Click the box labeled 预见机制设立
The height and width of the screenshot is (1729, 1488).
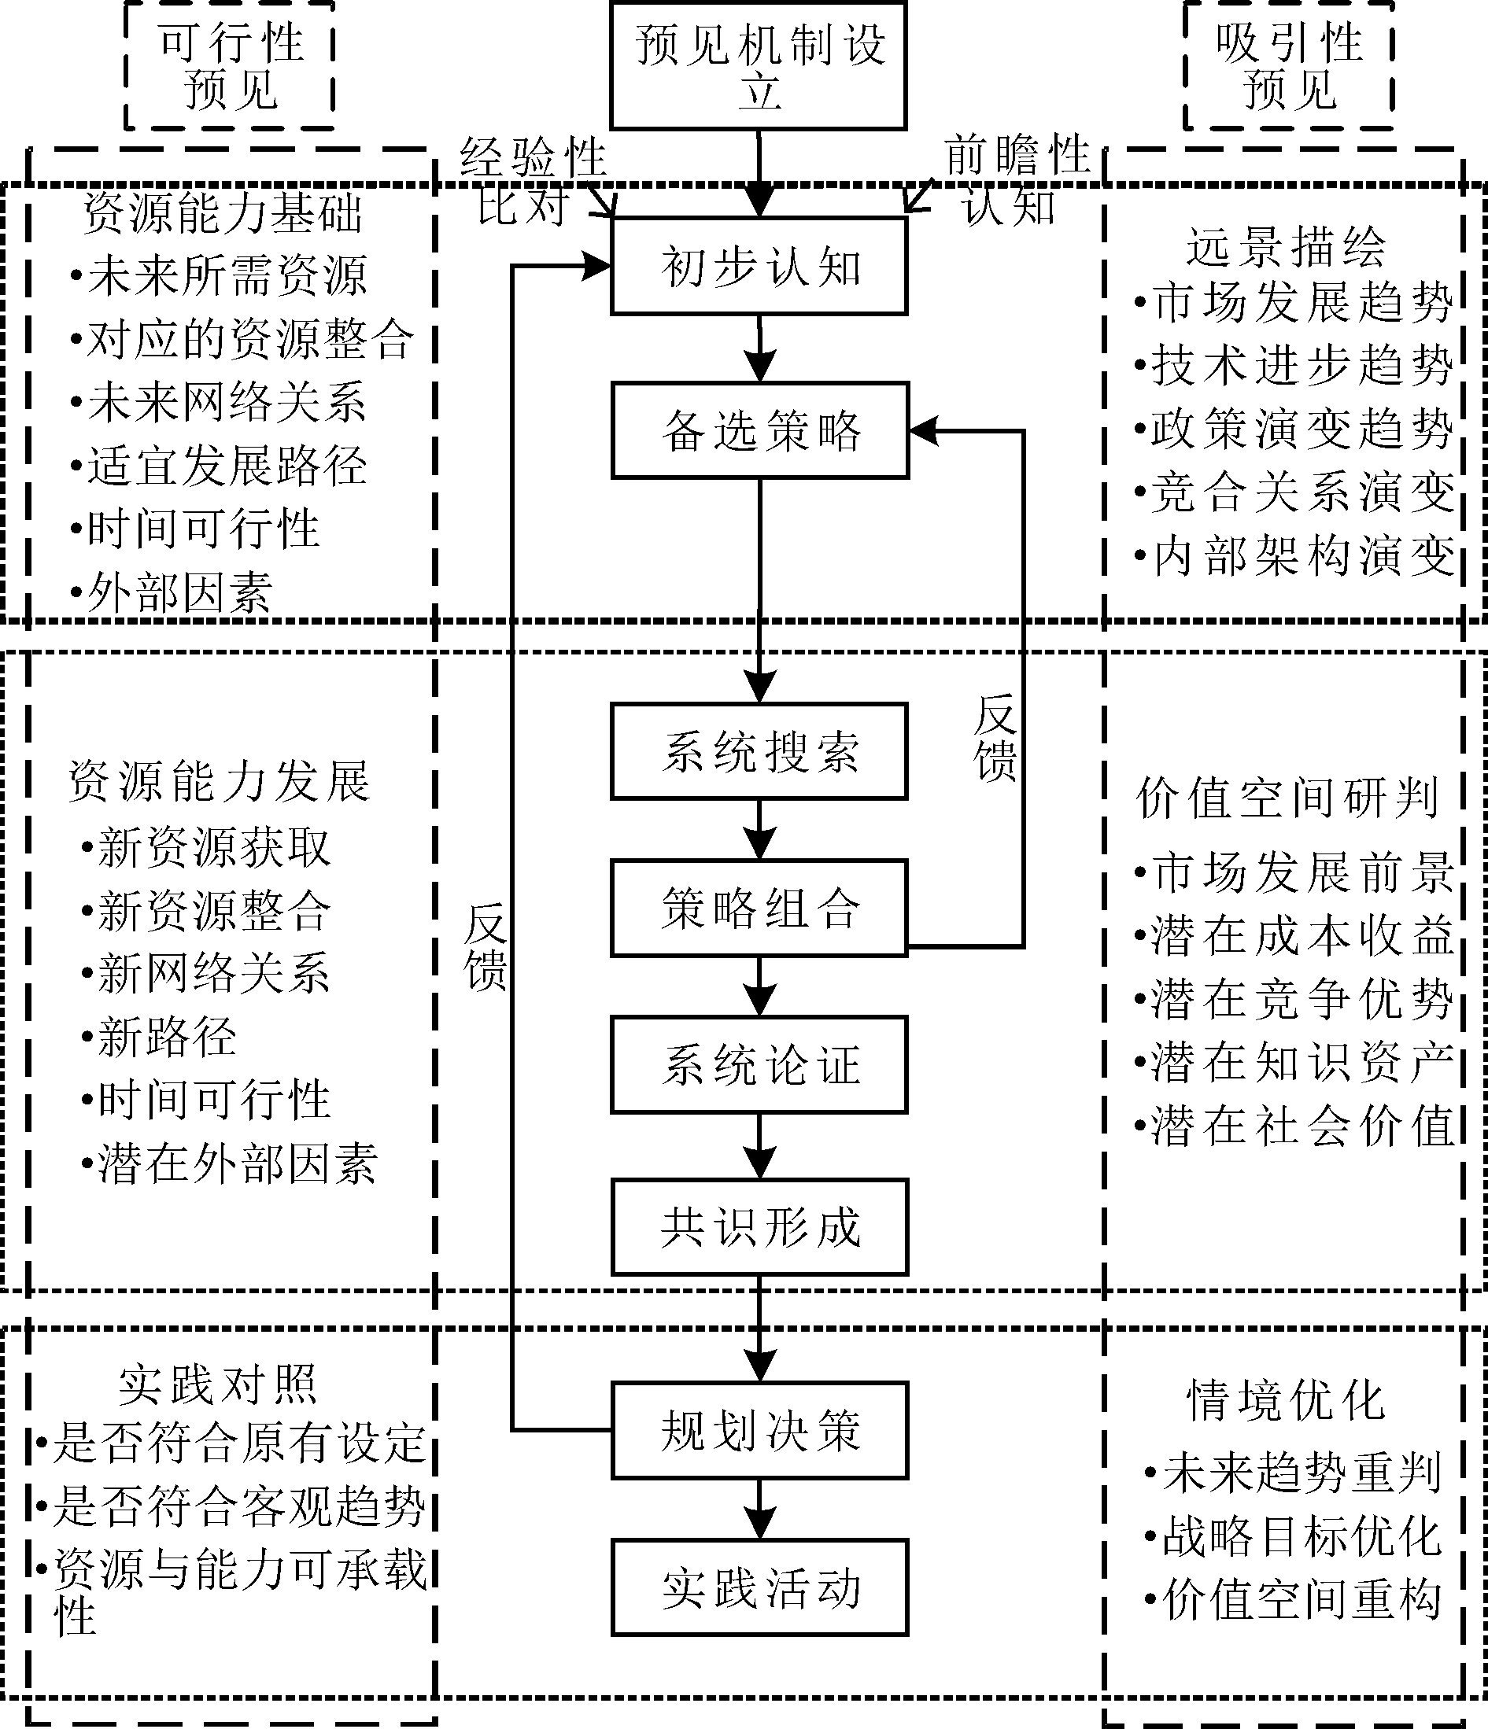[758, 66]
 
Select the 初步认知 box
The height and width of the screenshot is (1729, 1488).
[759, 266]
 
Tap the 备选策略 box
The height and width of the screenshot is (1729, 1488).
[759, 430]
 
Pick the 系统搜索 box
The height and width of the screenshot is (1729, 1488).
[759, 751]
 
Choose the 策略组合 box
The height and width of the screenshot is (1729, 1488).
[759, 908]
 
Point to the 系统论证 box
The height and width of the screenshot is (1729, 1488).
[759, 1065]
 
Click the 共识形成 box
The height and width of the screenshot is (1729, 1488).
[759, 1226]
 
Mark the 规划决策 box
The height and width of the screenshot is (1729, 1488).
[759, 1430]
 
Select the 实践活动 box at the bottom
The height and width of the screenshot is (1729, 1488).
[759, 1587]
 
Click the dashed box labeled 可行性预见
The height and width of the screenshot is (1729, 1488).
[230, 66]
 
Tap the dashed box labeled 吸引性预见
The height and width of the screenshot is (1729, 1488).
[1289, 66]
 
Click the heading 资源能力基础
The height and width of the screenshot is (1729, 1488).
[222, 213]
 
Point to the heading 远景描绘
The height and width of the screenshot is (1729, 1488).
[1285, 247]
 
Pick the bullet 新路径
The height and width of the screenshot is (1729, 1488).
[167, 1038]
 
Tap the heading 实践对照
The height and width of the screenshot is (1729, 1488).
[217, 1385]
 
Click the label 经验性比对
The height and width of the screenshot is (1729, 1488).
[533, 180]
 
